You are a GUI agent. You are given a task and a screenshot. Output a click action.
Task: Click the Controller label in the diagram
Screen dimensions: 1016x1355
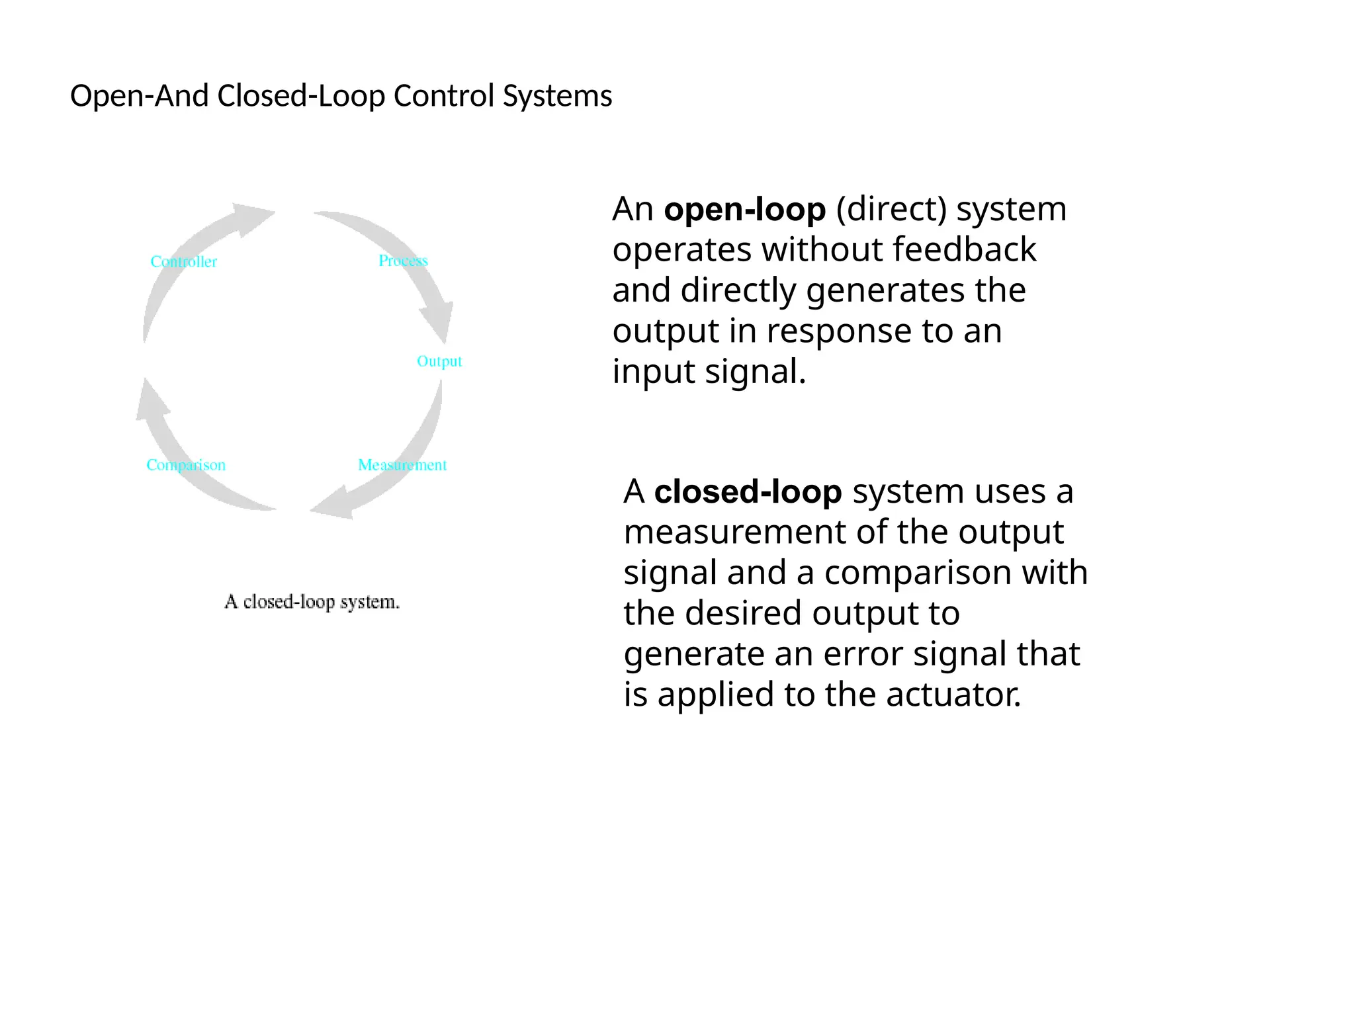(x=183, y=262)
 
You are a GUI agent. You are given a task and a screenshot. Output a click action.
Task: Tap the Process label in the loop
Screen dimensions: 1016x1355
(x=403, y=261)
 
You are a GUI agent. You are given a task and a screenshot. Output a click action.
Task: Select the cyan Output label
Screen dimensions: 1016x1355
(x=439, y=361)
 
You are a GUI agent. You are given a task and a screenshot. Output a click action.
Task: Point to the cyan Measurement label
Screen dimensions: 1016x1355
(x=402, y=465)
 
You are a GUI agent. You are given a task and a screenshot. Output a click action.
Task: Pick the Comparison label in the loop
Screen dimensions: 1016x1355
(x=186, y=465)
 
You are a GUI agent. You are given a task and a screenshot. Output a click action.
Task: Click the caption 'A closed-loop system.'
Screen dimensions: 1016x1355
(x=312, y=602)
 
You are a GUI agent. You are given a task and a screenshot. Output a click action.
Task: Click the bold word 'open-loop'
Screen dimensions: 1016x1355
(x=744, y=210)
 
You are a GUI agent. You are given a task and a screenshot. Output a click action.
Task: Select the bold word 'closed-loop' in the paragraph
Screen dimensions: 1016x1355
(x=748, y=492)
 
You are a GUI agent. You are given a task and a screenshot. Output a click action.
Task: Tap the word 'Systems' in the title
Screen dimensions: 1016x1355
(x=557, y=96)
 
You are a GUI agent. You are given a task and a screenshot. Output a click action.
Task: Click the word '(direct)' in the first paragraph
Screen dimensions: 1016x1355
(x=891, y=210)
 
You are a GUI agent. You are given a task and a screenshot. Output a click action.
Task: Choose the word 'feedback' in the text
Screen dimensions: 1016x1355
(x=964, y=250)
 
